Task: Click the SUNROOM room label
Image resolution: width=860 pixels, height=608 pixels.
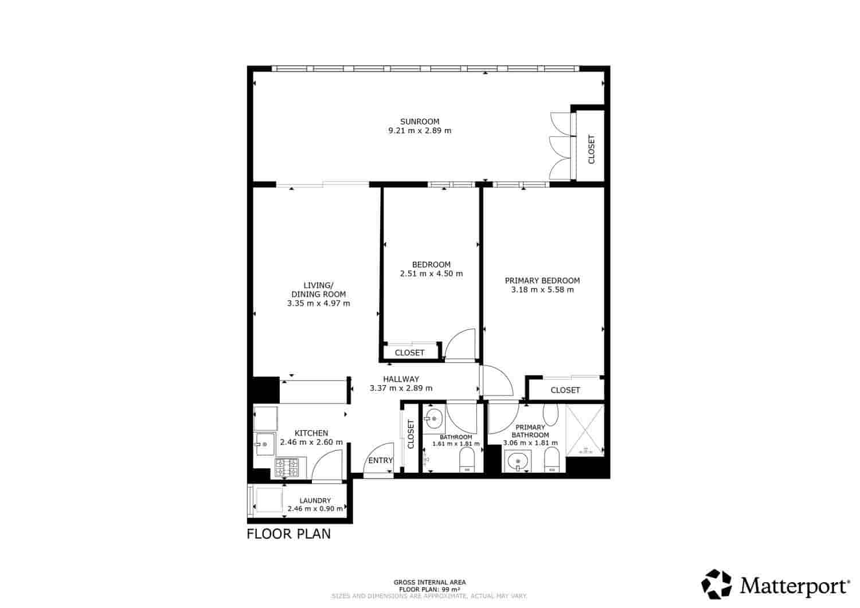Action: pos(420,121)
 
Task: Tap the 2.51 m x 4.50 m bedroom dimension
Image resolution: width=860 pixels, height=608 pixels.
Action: pos(431,274)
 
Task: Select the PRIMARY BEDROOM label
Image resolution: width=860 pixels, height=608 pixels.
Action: pos(542,281)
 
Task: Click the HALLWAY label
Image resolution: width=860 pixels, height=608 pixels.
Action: pos(401,379)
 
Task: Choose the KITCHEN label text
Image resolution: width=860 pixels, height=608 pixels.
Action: pos(311,433)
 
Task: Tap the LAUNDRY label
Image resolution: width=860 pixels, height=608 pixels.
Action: pos(315,500)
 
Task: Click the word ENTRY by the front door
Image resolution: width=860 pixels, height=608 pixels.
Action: pos(380,461)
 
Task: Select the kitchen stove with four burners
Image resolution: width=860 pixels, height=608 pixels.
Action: pos(287,468)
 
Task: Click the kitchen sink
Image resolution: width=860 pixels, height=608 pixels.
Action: pos(264,444)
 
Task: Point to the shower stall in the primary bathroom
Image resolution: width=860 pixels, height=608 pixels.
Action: pos(585,430)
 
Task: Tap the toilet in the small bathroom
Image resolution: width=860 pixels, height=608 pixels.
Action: pos(467,461)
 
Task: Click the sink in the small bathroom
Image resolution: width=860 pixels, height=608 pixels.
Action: pos(434,418)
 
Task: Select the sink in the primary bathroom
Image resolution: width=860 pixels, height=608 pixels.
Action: pos(518,461)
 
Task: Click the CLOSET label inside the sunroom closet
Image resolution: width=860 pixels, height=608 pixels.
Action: pos(591,150)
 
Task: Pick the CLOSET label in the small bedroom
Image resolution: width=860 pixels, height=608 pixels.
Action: pos(409,353)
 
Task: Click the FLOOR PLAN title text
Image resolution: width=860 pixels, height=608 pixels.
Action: pos(289,534)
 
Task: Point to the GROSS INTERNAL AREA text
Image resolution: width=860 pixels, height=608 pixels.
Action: pos(429,582)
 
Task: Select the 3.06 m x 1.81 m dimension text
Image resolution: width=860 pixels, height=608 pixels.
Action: pos(530,443)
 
